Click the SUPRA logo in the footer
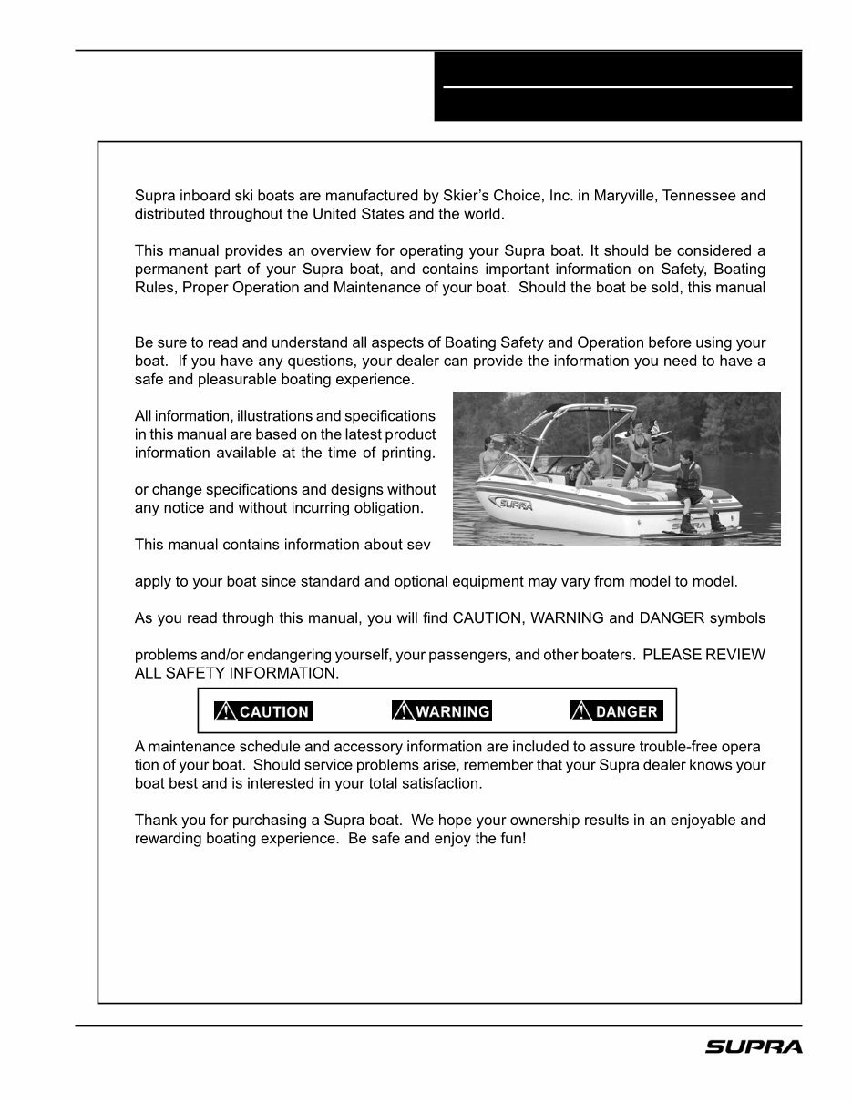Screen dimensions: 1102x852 click(754, 1047)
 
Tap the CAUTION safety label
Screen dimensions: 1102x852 click(263, 711)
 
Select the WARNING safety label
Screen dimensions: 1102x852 click(442, 711)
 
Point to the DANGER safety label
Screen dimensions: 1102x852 click(616, 711)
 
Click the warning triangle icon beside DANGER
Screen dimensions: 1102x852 click(580, 711)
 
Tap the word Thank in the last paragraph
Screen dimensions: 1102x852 click(156, 820)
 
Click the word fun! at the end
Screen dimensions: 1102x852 click(511, 838)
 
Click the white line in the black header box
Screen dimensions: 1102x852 click(617, 87)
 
